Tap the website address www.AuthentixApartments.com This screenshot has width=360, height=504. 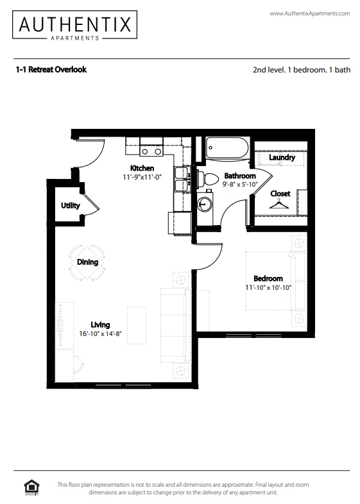[309, 13]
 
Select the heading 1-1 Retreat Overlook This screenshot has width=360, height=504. [51, 69]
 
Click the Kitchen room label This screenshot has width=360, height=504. [142, 168]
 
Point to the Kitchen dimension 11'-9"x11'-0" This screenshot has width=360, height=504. [142, 177]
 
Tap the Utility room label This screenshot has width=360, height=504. [70, 206]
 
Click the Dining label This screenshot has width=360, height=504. [87, 262]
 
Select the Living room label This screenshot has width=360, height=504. [99, 324]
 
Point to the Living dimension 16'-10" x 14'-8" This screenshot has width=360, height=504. [100, 333]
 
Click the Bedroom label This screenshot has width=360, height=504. [268, 278]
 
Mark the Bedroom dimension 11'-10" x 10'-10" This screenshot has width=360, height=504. [268, 287]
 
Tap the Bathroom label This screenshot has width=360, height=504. [239, 176]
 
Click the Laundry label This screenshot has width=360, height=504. [282, 158]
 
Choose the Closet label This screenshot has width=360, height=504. [280, 194]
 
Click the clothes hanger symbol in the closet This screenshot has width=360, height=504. [279, 205]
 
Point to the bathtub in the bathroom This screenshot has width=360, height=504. [227, 148]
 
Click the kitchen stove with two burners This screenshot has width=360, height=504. [151, 151]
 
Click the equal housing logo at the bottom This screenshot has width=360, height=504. [30, 487]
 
